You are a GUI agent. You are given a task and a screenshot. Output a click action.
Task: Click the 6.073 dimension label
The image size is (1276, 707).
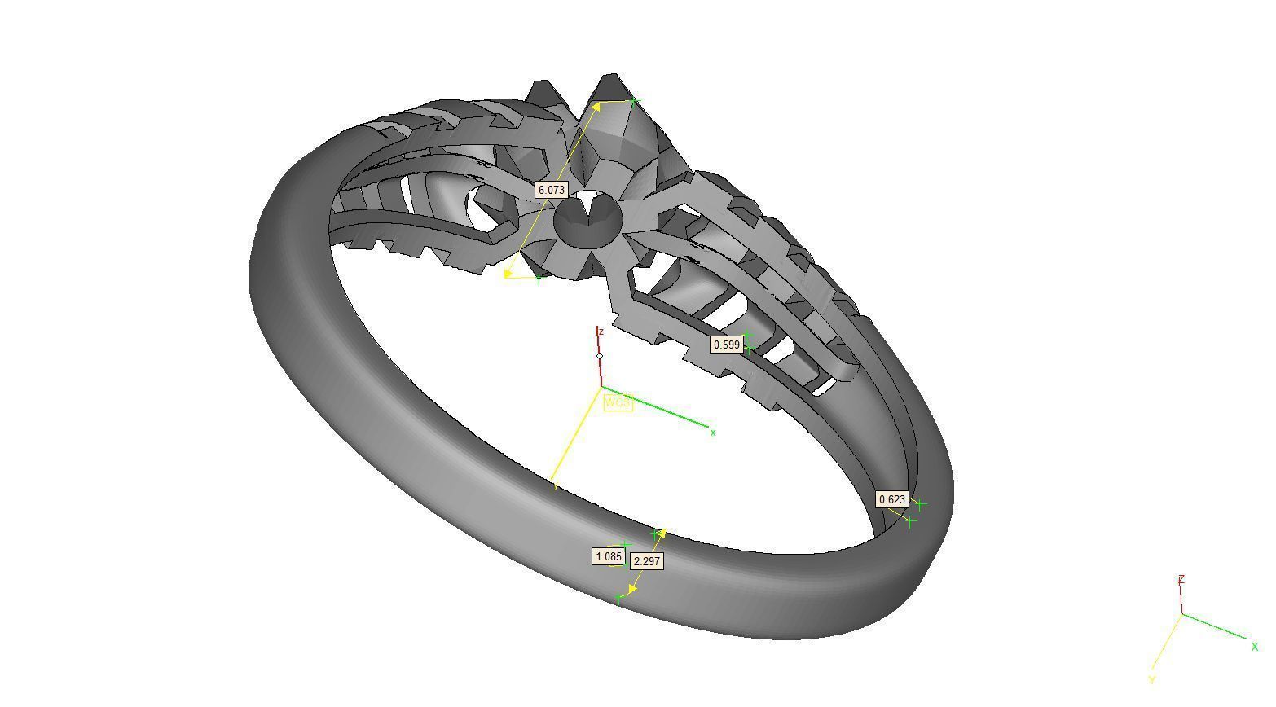[551, 190]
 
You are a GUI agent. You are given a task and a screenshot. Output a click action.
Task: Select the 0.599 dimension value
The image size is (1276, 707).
[726, 345]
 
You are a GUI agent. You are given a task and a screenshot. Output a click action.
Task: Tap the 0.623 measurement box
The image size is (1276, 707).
[891, 499]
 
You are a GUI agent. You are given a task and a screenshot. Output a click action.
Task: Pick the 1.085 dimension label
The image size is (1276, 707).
[608, 557]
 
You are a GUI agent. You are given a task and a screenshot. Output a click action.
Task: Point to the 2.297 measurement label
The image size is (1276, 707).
[647, 561]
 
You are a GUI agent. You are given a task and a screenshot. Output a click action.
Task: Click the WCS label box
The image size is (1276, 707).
[617, 402]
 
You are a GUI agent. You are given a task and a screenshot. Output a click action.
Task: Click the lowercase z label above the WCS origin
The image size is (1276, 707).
[601, 332]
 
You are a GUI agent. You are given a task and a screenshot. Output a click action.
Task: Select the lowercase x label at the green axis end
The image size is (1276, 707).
[713, 433]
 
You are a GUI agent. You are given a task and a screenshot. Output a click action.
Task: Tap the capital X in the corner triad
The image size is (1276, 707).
[1254, 647]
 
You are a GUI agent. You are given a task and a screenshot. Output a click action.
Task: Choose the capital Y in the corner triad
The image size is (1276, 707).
[1152, 679]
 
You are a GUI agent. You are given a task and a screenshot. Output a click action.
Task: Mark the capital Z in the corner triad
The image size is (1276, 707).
[1181, 579]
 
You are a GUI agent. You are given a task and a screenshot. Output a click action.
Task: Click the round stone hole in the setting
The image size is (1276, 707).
[587, 217]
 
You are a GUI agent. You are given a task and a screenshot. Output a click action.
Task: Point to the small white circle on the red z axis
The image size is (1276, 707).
[600, 356]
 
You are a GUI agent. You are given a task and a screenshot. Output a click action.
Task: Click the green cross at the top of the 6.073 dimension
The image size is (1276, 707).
[634, 101]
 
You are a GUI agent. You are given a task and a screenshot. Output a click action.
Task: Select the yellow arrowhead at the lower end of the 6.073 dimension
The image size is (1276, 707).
[509, 273]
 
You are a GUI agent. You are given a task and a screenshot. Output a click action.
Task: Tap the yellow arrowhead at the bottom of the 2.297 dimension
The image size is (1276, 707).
[633, 588]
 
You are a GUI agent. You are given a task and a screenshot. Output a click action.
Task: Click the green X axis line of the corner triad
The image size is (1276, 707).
[1214, 626]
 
